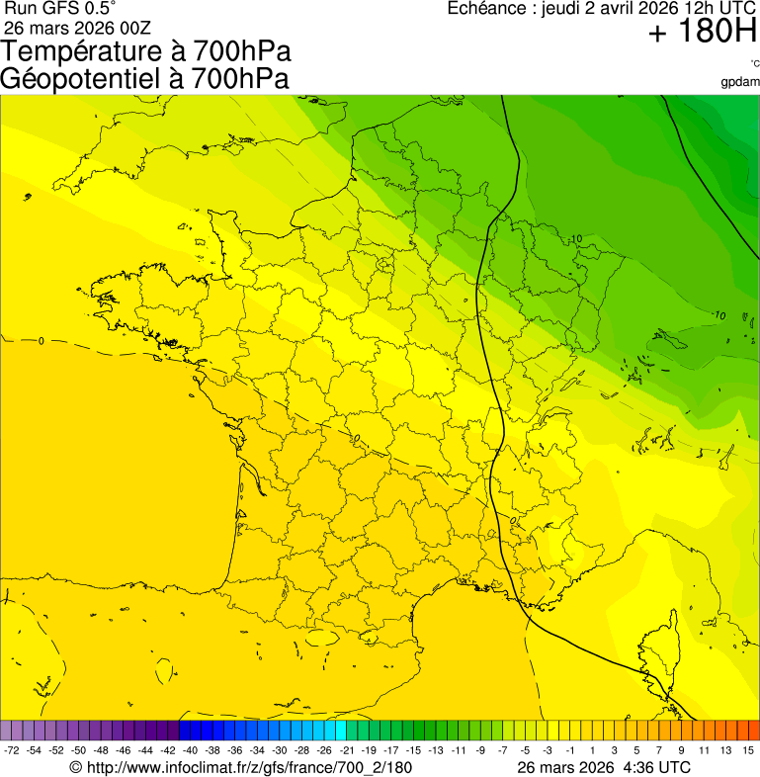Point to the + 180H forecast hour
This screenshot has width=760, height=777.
(702, 33)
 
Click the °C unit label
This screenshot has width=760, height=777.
(754, 64)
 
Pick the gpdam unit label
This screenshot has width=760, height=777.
(740, 81)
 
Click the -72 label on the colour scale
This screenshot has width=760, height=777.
(12, 751)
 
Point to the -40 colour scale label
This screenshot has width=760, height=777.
(189, 751)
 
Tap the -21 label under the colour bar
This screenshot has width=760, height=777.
(346, 751)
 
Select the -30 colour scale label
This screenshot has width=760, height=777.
(278, 751)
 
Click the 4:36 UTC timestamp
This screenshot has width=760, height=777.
(652, 768)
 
